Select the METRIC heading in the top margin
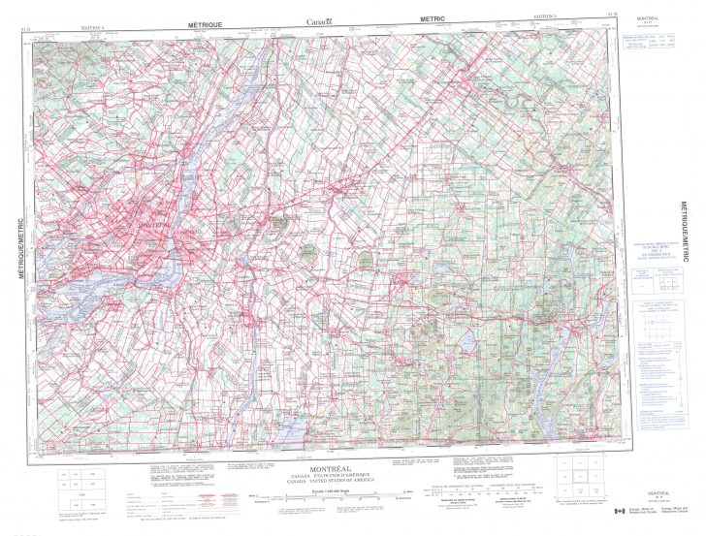[433, 17]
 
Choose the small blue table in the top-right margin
[648, 44]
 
